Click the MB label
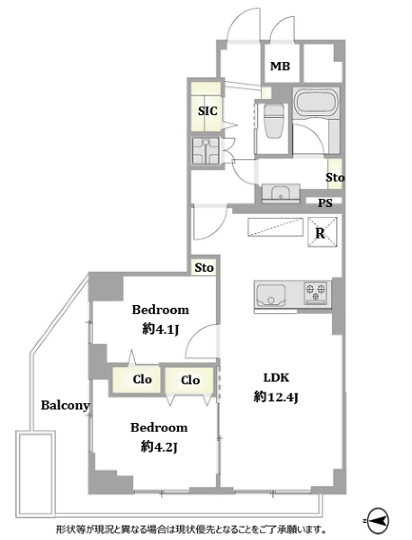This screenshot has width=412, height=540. [280, 66]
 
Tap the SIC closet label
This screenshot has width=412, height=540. [208, 111]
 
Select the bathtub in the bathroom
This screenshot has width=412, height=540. [317, 102]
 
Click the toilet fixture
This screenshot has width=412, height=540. [273, 120]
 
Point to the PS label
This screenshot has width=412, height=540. [325, 202]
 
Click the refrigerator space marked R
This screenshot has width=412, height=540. [322, 232]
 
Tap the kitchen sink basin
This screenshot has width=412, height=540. [271, 295]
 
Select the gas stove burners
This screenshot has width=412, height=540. [315, 292]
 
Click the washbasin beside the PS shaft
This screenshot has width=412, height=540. [281, 193]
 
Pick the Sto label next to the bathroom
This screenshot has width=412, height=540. [335, 177]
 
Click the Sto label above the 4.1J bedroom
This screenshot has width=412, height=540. [204, 267]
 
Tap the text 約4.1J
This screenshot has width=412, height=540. [161, 329]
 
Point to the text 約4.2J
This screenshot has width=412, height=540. [159, 447]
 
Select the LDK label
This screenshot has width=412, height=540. [276, 377]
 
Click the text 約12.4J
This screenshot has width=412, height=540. [275, 397]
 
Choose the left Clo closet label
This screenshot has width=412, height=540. [142, 379]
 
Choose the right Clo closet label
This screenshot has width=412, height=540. [191, 380]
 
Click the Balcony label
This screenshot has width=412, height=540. [66, 405]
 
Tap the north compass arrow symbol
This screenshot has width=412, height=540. [378, 520]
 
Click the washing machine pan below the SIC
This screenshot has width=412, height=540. [206, 151]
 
